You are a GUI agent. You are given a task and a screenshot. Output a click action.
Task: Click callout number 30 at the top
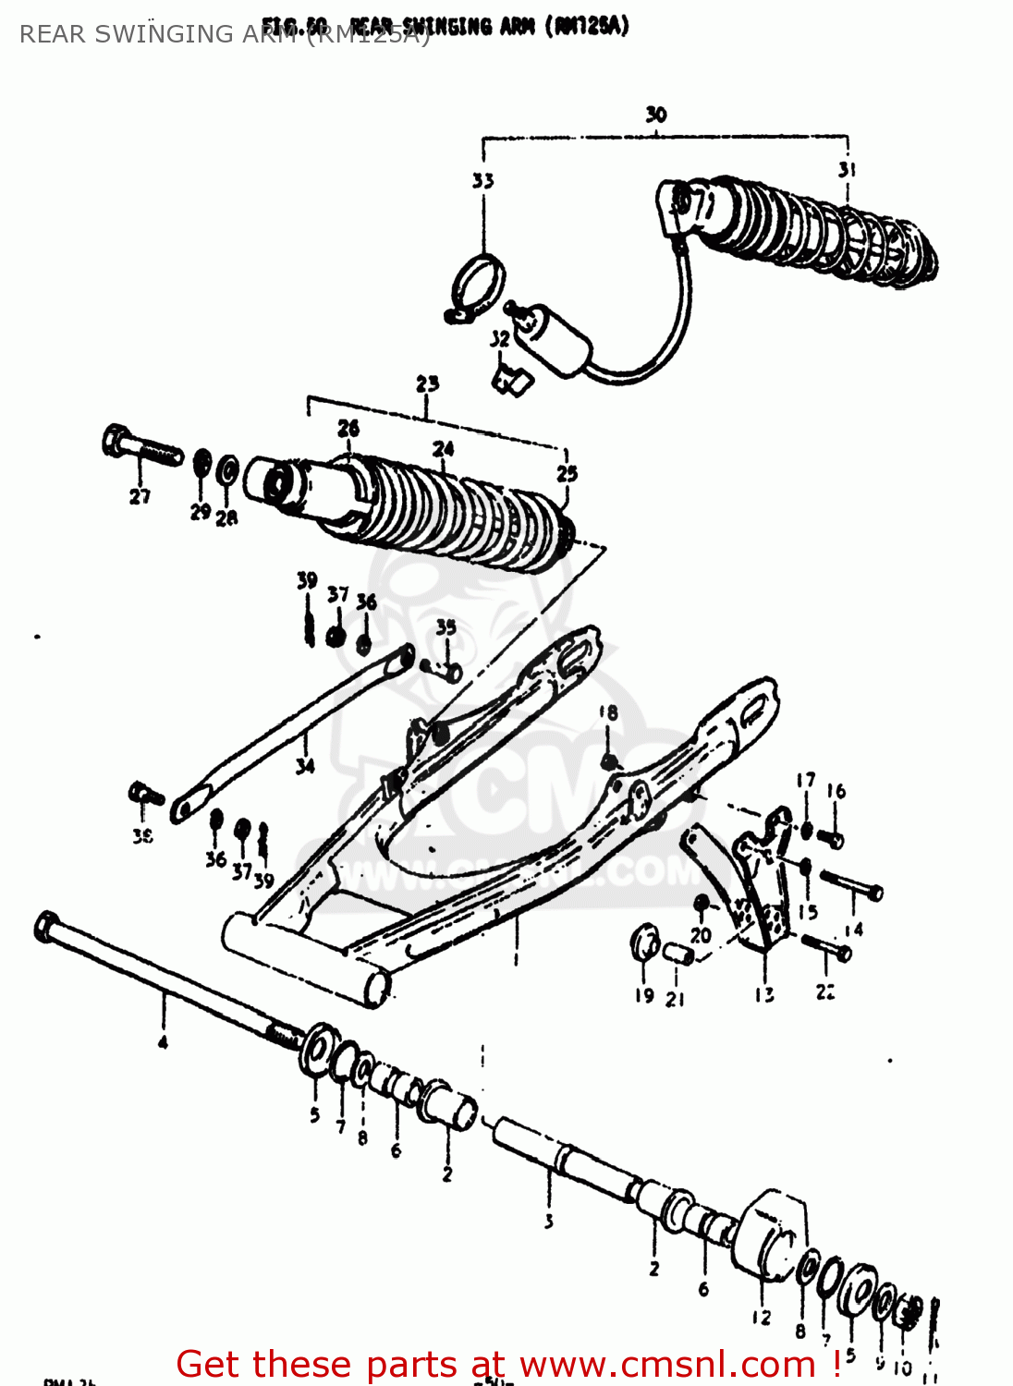[x=655, y=115]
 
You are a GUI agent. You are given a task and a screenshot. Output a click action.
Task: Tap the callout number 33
[x=482, y=180]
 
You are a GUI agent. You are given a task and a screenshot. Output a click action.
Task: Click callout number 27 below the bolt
[x=140, y=496]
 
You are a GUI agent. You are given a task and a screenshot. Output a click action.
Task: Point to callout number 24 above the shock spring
[x=444, y=449]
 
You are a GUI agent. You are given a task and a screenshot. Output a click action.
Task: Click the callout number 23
[x=427, y=383]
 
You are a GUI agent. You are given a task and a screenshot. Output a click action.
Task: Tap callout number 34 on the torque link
[x=305, y=765]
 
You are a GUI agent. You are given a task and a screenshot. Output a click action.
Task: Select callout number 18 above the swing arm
[x=607, y=712]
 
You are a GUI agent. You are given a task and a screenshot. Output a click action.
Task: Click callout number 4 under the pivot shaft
[x=163, y=1042]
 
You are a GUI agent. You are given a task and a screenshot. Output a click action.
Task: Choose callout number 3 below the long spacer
[x=548, y=1222]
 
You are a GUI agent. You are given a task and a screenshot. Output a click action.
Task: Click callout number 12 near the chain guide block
[x=761, y=1318]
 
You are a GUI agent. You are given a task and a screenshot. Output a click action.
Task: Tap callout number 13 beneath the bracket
[x=764, y=995]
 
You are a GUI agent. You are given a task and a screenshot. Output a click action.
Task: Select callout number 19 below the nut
[x=644, y=995]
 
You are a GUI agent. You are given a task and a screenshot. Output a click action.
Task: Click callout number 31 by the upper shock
[x=847, y=170]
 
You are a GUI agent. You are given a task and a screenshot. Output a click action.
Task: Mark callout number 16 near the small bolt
[x=836, y=791]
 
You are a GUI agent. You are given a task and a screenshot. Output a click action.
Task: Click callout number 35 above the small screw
[x=446, y=627]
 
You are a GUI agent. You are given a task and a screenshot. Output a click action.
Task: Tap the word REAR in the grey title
[x=52, y=34]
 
